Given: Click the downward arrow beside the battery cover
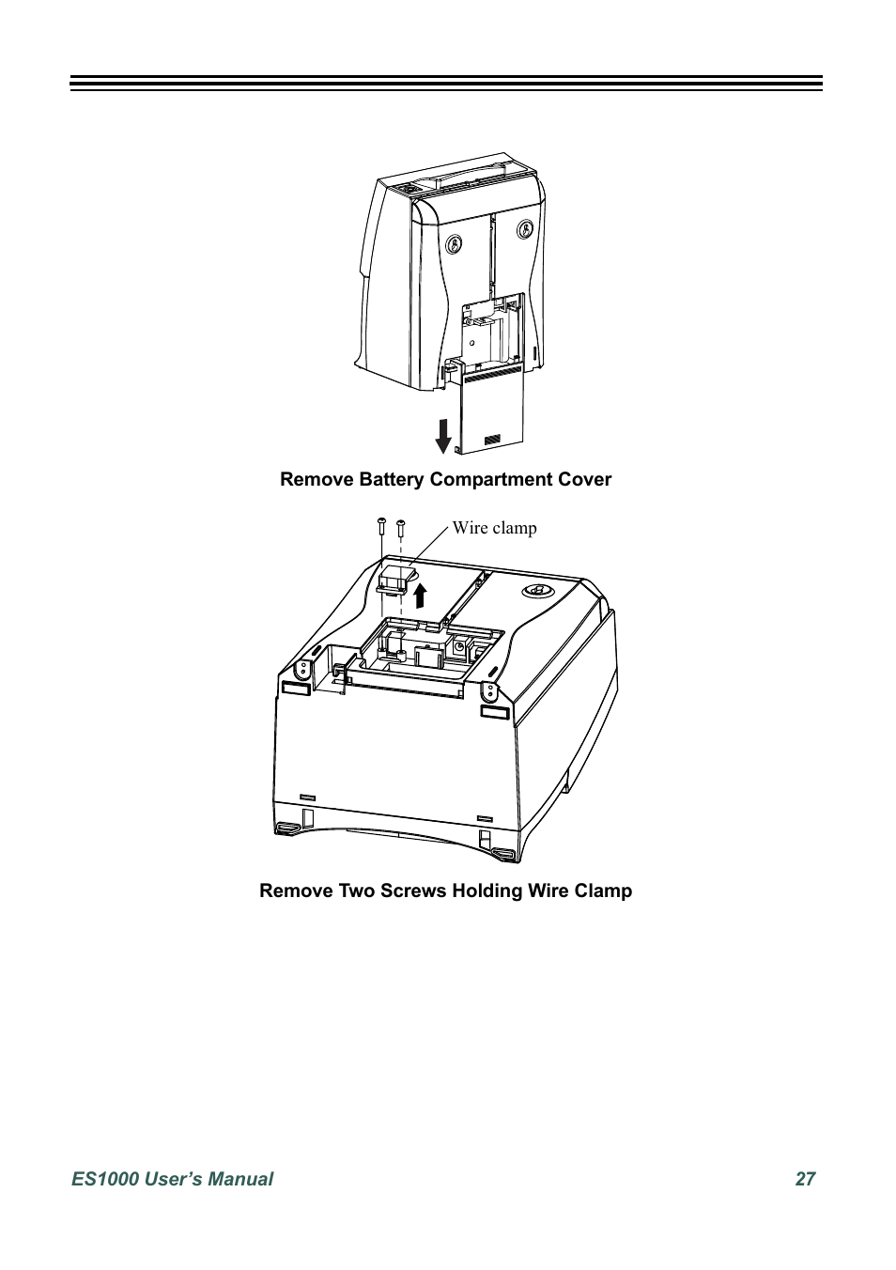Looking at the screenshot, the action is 443,435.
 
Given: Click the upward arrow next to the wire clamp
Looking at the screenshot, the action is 421,596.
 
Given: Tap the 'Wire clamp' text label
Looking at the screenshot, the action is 494,528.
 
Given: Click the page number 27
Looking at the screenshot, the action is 805,1179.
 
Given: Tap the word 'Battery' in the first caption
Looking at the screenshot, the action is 393,479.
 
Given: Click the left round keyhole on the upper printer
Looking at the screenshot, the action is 454,242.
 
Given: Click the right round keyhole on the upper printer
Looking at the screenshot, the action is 526,227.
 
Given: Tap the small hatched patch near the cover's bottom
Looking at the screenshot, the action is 493,439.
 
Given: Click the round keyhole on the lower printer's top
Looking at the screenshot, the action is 535,590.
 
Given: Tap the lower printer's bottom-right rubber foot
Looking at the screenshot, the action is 503,854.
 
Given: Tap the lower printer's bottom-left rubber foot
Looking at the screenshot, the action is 286,828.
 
